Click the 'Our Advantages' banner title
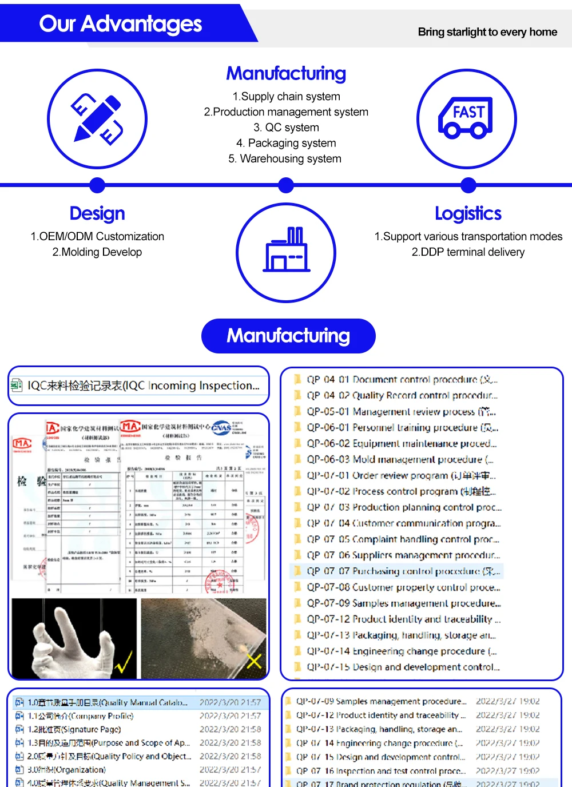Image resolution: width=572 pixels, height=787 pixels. [120, 24]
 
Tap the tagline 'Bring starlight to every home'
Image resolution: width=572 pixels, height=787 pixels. [487, 32]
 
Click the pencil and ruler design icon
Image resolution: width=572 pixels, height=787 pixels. [97, 119]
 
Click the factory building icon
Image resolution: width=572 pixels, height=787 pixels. [286, 252]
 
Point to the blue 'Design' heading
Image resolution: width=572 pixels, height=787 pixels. [97, 213]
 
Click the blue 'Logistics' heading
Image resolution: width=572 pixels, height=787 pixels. [468, 213]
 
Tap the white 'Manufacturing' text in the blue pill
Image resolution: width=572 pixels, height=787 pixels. [288, 336]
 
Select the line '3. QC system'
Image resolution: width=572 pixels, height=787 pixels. [286, 128]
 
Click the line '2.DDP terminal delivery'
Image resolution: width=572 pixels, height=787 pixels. [468, 252]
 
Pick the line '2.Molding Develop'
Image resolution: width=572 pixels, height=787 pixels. [97, 252]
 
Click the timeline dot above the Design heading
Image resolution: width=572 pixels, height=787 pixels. [97, 185]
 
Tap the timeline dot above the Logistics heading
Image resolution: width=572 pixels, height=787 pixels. [468, 185]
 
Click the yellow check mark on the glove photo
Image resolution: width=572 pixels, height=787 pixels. [123, 663]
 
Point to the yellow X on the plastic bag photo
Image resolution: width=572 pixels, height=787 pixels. [253, 661]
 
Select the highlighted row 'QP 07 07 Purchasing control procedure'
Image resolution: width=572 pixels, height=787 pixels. [400, 571]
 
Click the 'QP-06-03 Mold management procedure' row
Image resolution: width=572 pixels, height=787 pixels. [400, 459]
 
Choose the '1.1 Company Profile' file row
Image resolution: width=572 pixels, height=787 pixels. [80, 716]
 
